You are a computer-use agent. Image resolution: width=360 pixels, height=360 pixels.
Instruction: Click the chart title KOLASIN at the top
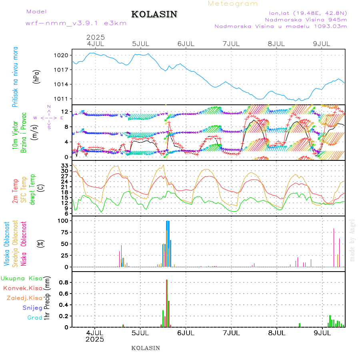tap(154, 14)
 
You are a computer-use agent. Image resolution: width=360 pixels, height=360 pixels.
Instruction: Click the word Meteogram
tap(233, 4)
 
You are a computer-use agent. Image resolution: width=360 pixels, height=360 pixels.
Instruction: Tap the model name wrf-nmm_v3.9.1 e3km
tap(76, 23)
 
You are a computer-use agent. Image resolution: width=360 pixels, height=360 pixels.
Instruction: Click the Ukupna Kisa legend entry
tap(22, 278)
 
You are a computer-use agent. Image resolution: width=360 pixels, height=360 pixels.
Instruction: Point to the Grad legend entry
tap(35, 318)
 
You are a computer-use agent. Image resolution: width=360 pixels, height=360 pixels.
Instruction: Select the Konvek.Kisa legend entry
tap(23, 288)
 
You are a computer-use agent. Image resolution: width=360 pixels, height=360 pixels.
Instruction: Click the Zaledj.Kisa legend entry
tap(25, 298)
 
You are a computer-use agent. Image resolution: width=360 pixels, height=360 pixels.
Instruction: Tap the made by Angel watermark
tap(352, 240)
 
